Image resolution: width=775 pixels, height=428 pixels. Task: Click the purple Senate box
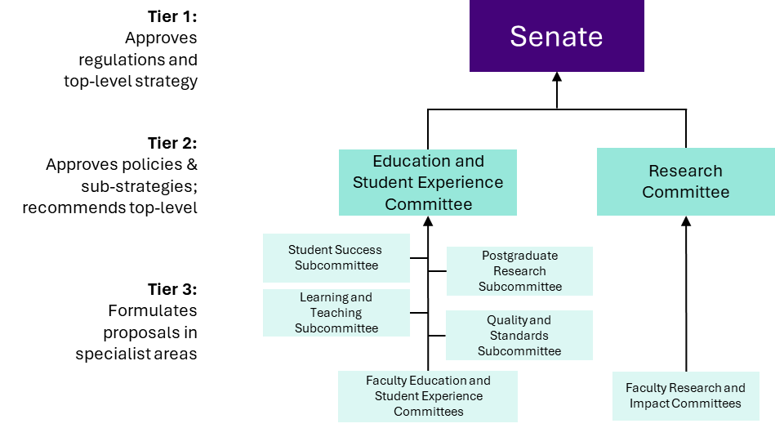click(x=557, y=36)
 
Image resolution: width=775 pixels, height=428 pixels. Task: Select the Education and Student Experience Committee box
click(x=428, y=182)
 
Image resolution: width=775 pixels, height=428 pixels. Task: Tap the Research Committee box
click(x=685, y=181)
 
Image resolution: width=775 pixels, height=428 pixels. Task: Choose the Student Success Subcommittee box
click(x=336, y=257)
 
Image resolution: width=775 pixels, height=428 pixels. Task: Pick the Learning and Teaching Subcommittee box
click(x=336, y=312)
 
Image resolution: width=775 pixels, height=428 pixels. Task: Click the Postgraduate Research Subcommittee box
click(x=519, y=270)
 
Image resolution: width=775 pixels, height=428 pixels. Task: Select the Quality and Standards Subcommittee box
click(x=519, y=335)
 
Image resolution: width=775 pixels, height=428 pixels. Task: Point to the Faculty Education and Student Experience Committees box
click(x=428, y=396)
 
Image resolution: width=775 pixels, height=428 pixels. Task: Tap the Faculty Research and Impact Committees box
click(x=685, y=396)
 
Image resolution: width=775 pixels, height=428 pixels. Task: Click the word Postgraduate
click(x=519, y=256)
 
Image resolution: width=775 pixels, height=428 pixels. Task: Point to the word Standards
click(x=519, y=336)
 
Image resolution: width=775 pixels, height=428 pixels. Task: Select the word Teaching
click(x=336, y=313)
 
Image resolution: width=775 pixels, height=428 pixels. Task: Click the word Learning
click(x=319, y=297)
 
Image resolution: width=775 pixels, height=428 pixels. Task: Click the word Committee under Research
click(x=685, y=193)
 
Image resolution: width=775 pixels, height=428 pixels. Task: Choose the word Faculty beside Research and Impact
click(x=646, y=388)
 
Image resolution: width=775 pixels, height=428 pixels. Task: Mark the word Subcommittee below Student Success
click(x=336, y=265)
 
